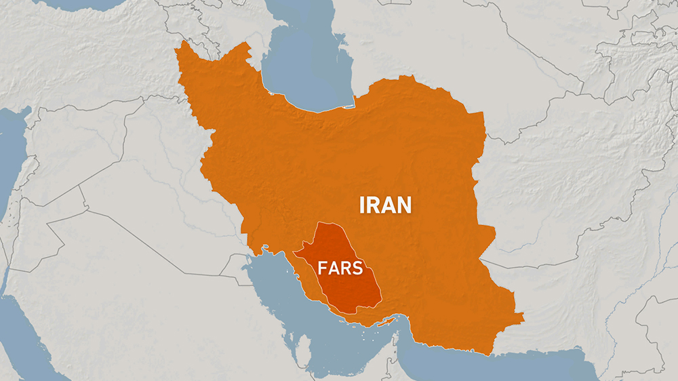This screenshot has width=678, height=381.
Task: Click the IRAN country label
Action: (386, 204)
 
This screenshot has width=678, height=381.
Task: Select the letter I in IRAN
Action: (363, 204)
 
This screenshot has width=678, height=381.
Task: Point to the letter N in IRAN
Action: (404, 204)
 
